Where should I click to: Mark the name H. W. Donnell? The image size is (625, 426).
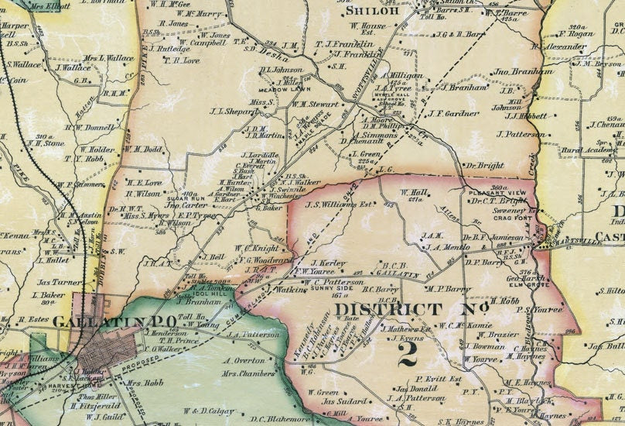coord(89,127)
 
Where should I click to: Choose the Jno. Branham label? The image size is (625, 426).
coord(516,71)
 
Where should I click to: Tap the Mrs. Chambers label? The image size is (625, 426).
coord(249,373)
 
